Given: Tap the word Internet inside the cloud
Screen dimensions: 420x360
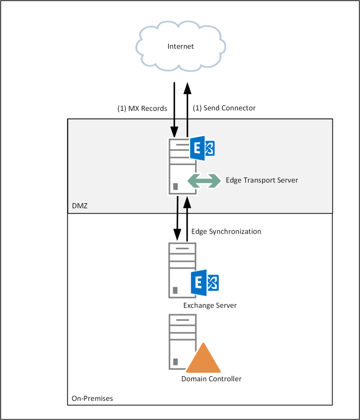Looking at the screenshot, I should pyautogui.click(x=181, y=46).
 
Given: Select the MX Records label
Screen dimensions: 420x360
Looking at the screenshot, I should pyautogui.click(x=142, y=108).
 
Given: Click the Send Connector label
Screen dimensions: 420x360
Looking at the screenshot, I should pyautogui.click(x=224, y=108).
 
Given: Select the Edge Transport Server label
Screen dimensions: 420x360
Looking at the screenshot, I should pyautogui.click(x=262, y=180).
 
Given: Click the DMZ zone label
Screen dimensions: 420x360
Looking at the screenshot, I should pyautogui.click(x=80, y=207).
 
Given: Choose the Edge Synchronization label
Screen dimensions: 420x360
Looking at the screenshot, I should pyautogui.click(x=226, y=231).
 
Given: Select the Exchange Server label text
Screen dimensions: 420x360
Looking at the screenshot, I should pyautogui.click(x=210, y=306).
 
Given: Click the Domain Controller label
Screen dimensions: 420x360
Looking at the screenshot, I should pyautogui.click(x=211, y=379).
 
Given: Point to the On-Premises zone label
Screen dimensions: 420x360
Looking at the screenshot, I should pyautogui.click(x=92, y=399).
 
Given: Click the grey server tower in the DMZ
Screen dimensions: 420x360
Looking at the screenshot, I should pyautogui.click(x=178, y=166).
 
